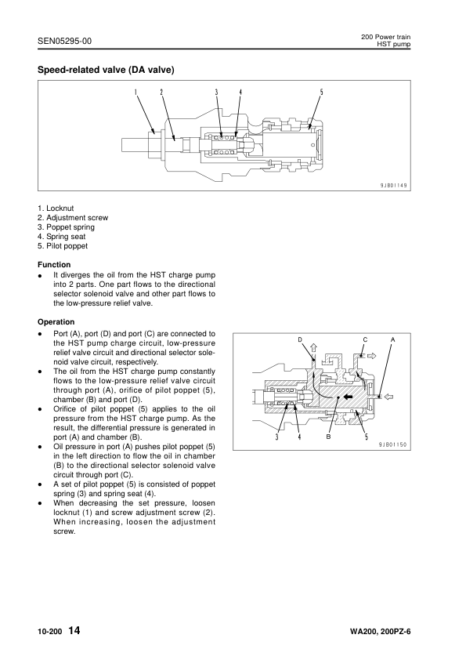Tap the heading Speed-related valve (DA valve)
(x=106, y=70)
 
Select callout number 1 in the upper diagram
(x=135, y=92)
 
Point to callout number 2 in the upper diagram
(x=161, y=92)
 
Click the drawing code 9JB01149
(x=395, y=185)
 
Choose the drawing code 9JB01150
(x=395, y=444)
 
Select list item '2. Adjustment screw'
(x=73, y=217)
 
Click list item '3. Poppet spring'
(x=66, y=227)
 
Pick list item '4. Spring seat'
(x=62, y=236)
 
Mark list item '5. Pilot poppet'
(x=63, y=245)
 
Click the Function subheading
(x=54, y=265)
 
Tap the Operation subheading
(x=56, y=321)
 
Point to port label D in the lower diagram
(x=300, y=339)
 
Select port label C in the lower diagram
(x=365, y=339)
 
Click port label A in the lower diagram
(x=393, y=339)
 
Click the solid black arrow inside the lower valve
(x=345, y=397)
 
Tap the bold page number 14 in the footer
(x=74, y=631)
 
